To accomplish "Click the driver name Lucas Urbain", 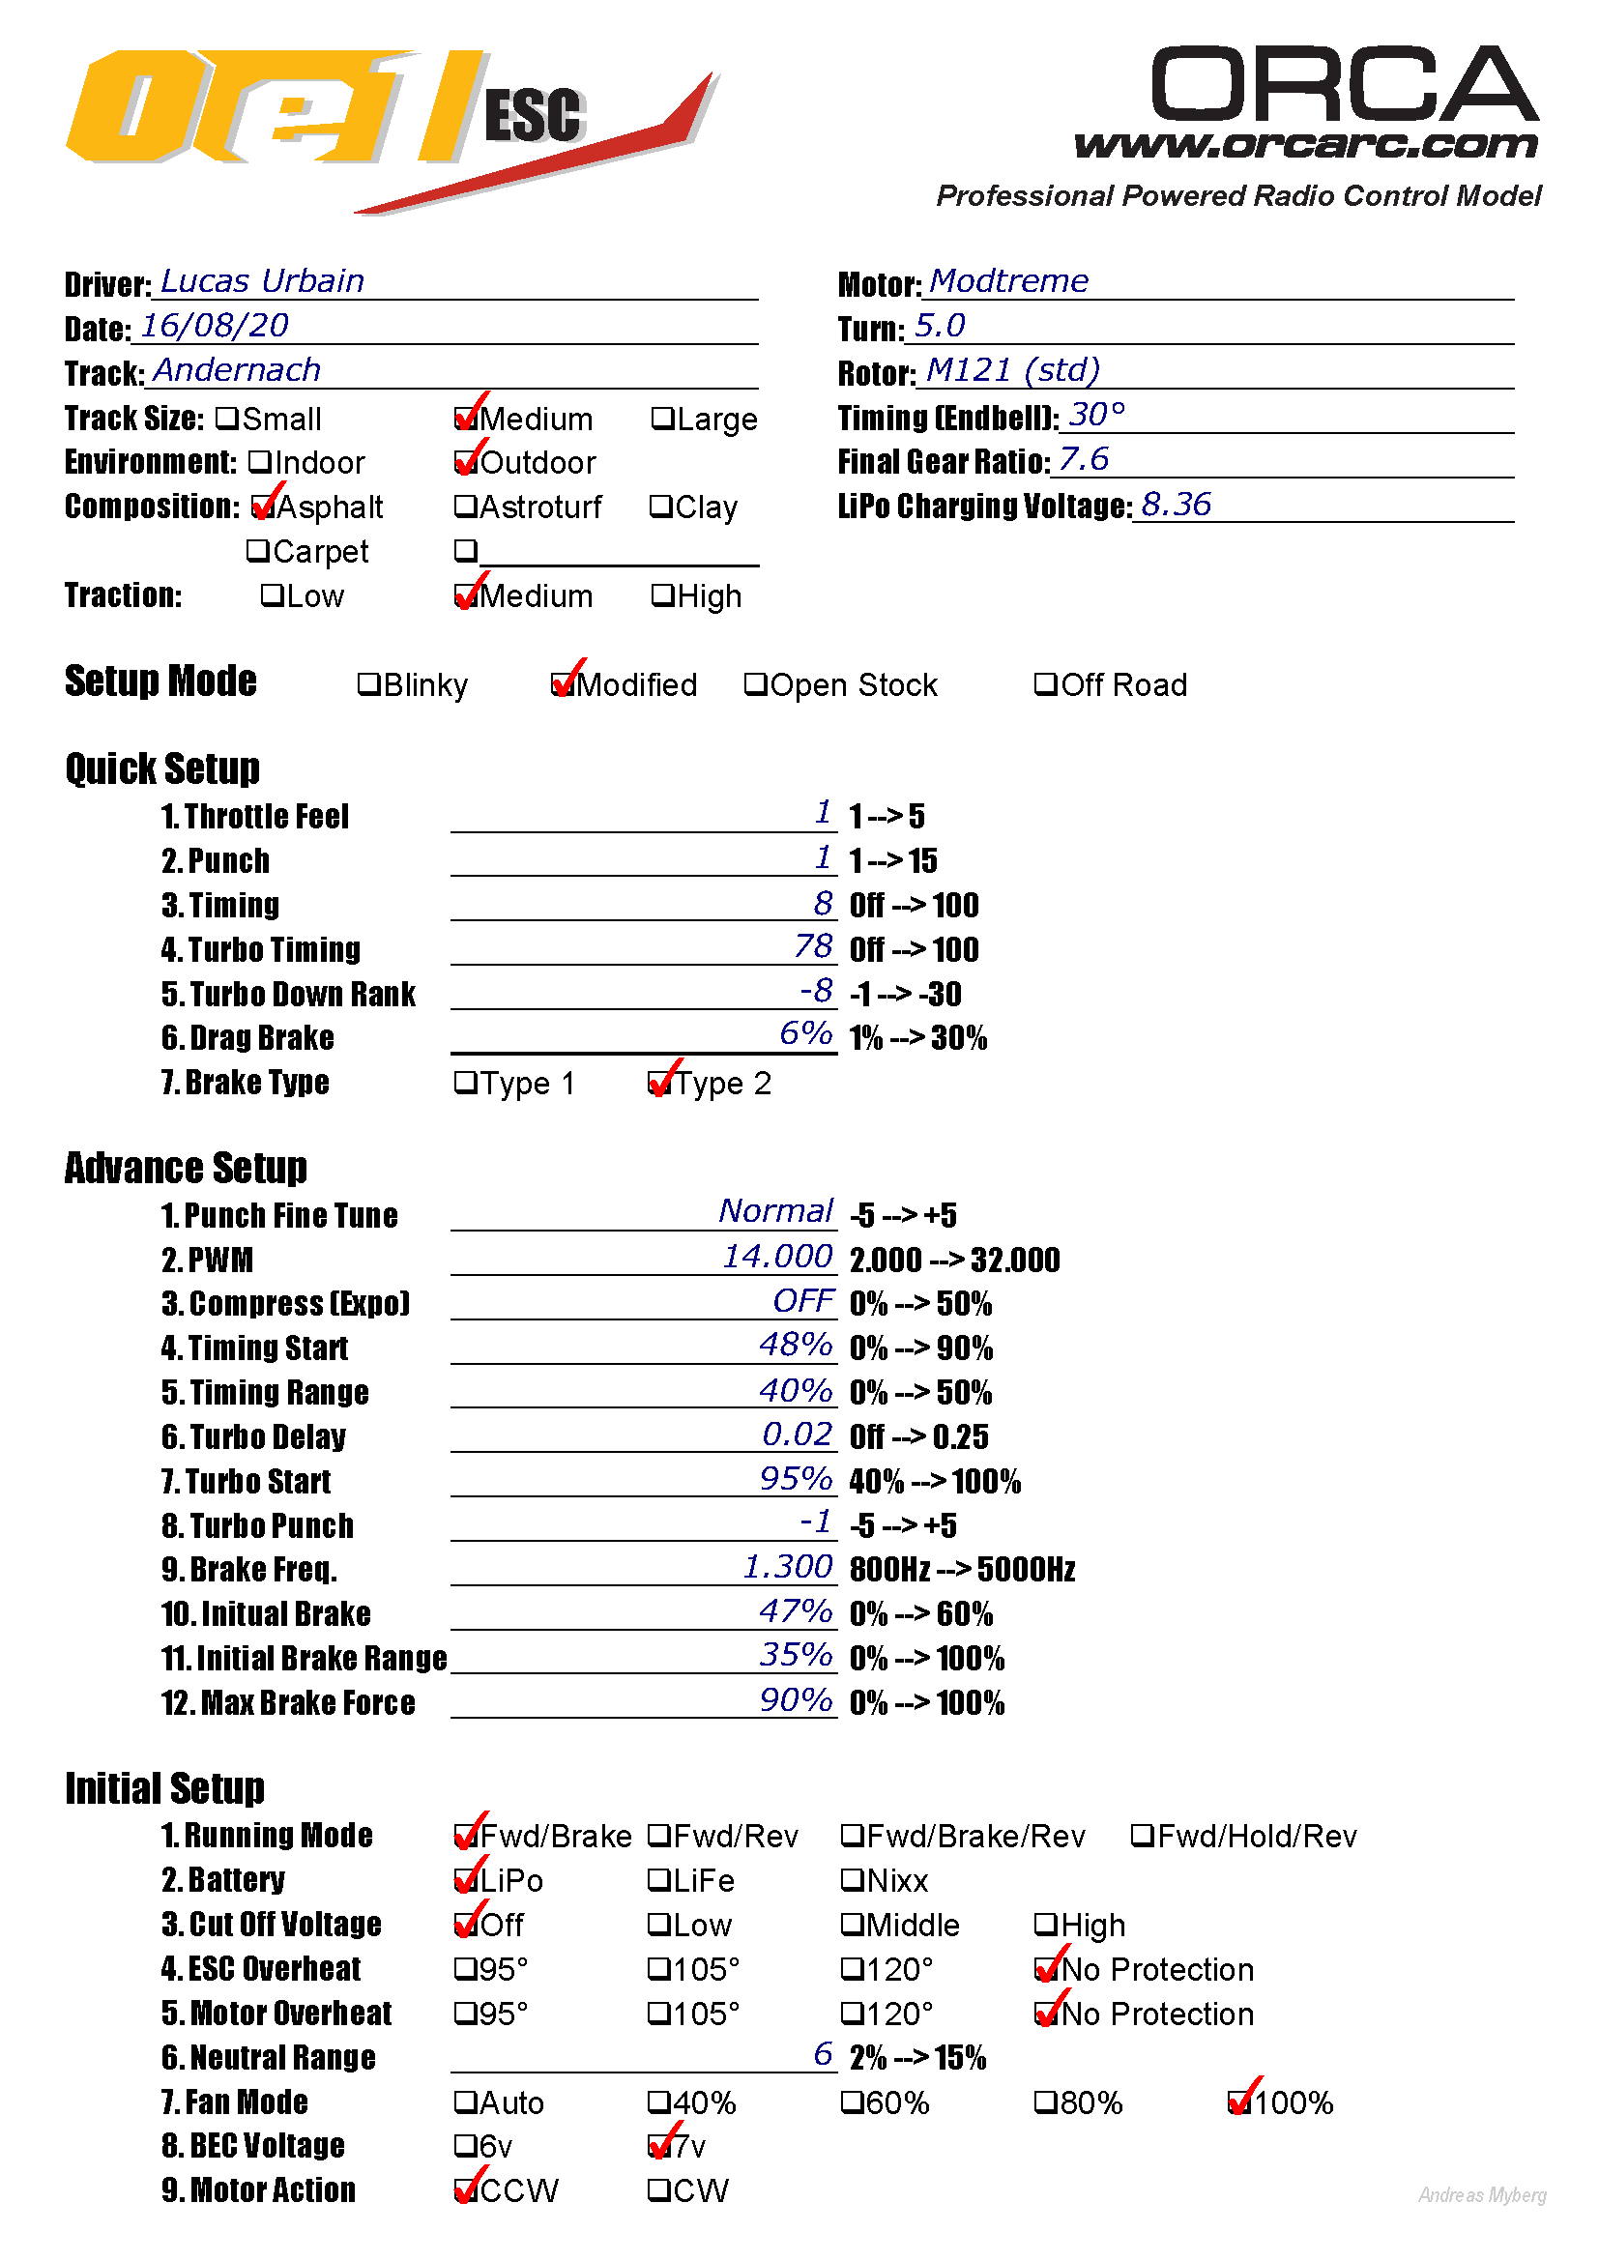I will coord(262,281).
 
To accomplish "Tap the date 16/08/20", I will coord(214,326).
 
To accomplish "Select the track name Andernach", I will coord(236,370).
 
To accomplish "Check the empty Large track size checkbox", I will coord(661,420).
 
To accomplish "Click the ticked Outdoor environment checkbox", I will coord(465,462).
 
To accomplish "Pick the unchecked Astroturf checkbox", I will coord(465,507).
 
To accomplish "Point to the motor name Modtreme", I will coord(1008,281).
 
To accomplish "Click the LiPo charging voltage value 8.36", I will coord(1176,506).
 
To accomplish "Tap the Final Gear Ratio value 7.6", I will coord(1083,460).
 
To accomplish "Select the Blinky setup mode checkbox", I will coord(368,684).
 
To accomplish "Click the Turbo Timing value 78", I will coord(813,946).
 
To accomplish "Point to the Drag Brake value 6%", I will coord(805,1034).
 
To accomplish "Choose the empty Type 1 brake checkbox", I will coord(465,1084).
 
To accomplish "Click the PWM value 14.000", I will coord(778,1257).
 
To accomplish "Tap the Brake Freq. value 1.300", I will coord(788,1567).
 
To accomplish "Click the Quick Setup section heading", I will coord(162,768).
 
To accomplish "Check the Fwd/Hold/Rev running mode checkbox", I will coord(1142,1836).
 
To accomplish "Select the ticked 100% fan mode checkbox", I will coord(1239,2102).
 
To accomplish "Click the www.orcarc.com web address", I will coord(1305,145).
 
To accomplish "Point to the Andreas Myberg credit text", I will coord(1482,2195).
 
